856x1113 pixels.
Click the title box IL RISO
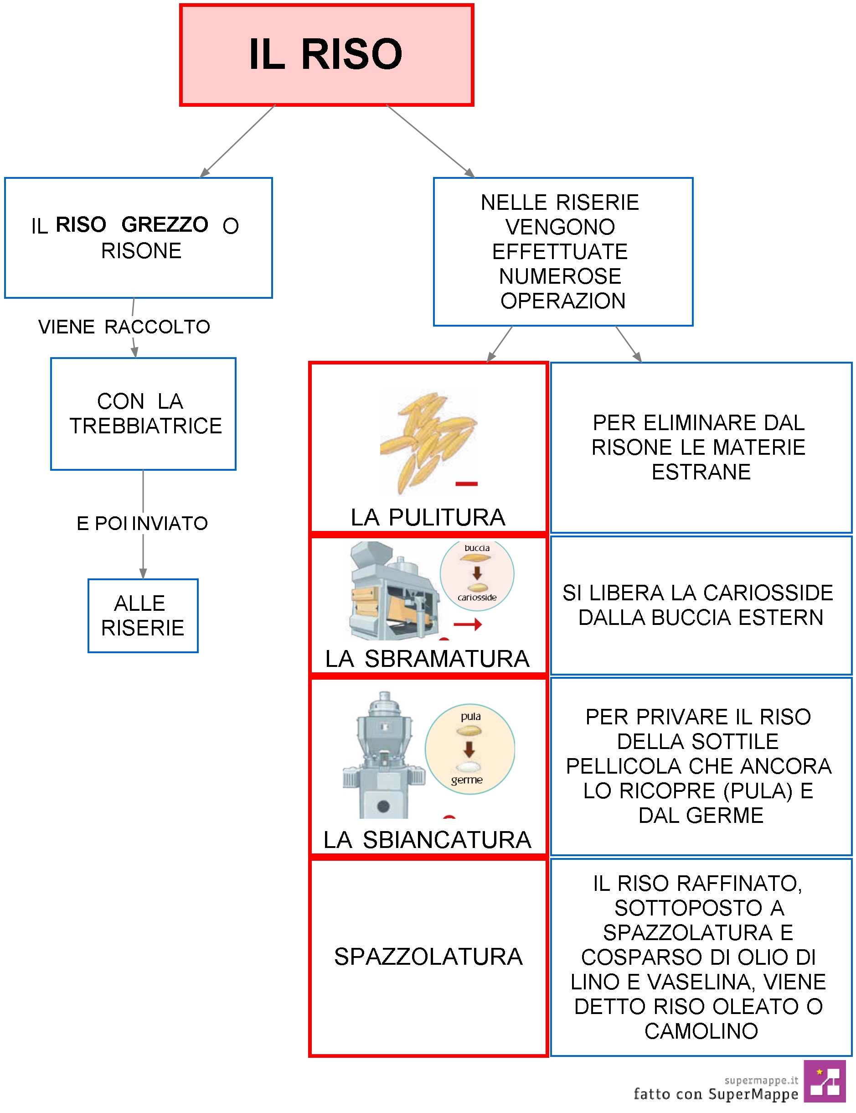(x=326, y=55)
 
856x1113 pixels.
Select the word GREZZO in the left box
(x=165, y=224)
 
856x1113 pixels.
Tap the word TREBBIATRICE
(x=146, y=426)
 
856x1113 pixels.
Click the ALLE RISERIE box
(x=143, y=616)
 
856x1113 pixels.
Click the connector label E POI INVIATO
(x=142, y=523)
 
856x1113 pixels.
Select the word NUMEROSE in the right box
(x=560, y=276)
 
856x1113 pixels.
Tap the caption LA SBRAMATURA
(x=427, y=658)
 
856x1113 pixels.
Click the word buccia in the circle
(x=477, y=548)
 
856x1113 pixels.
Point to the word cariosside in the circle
(x=477, y=597)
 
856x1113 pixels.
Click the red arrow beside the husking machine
(x=468, y=624)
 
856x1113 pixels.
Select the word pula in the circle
(x=470, y=717)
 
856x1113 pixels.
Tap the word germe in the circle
(x=467, y=780)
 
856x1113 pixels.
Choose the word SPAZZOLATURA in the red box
(x=428, y=957)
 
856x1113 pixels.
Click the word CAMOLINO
(x=701, y=1031)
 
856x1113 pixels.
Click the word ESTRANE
(x=701, y=472)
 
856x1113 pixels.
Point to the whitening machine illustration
(x=383, y=755)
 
